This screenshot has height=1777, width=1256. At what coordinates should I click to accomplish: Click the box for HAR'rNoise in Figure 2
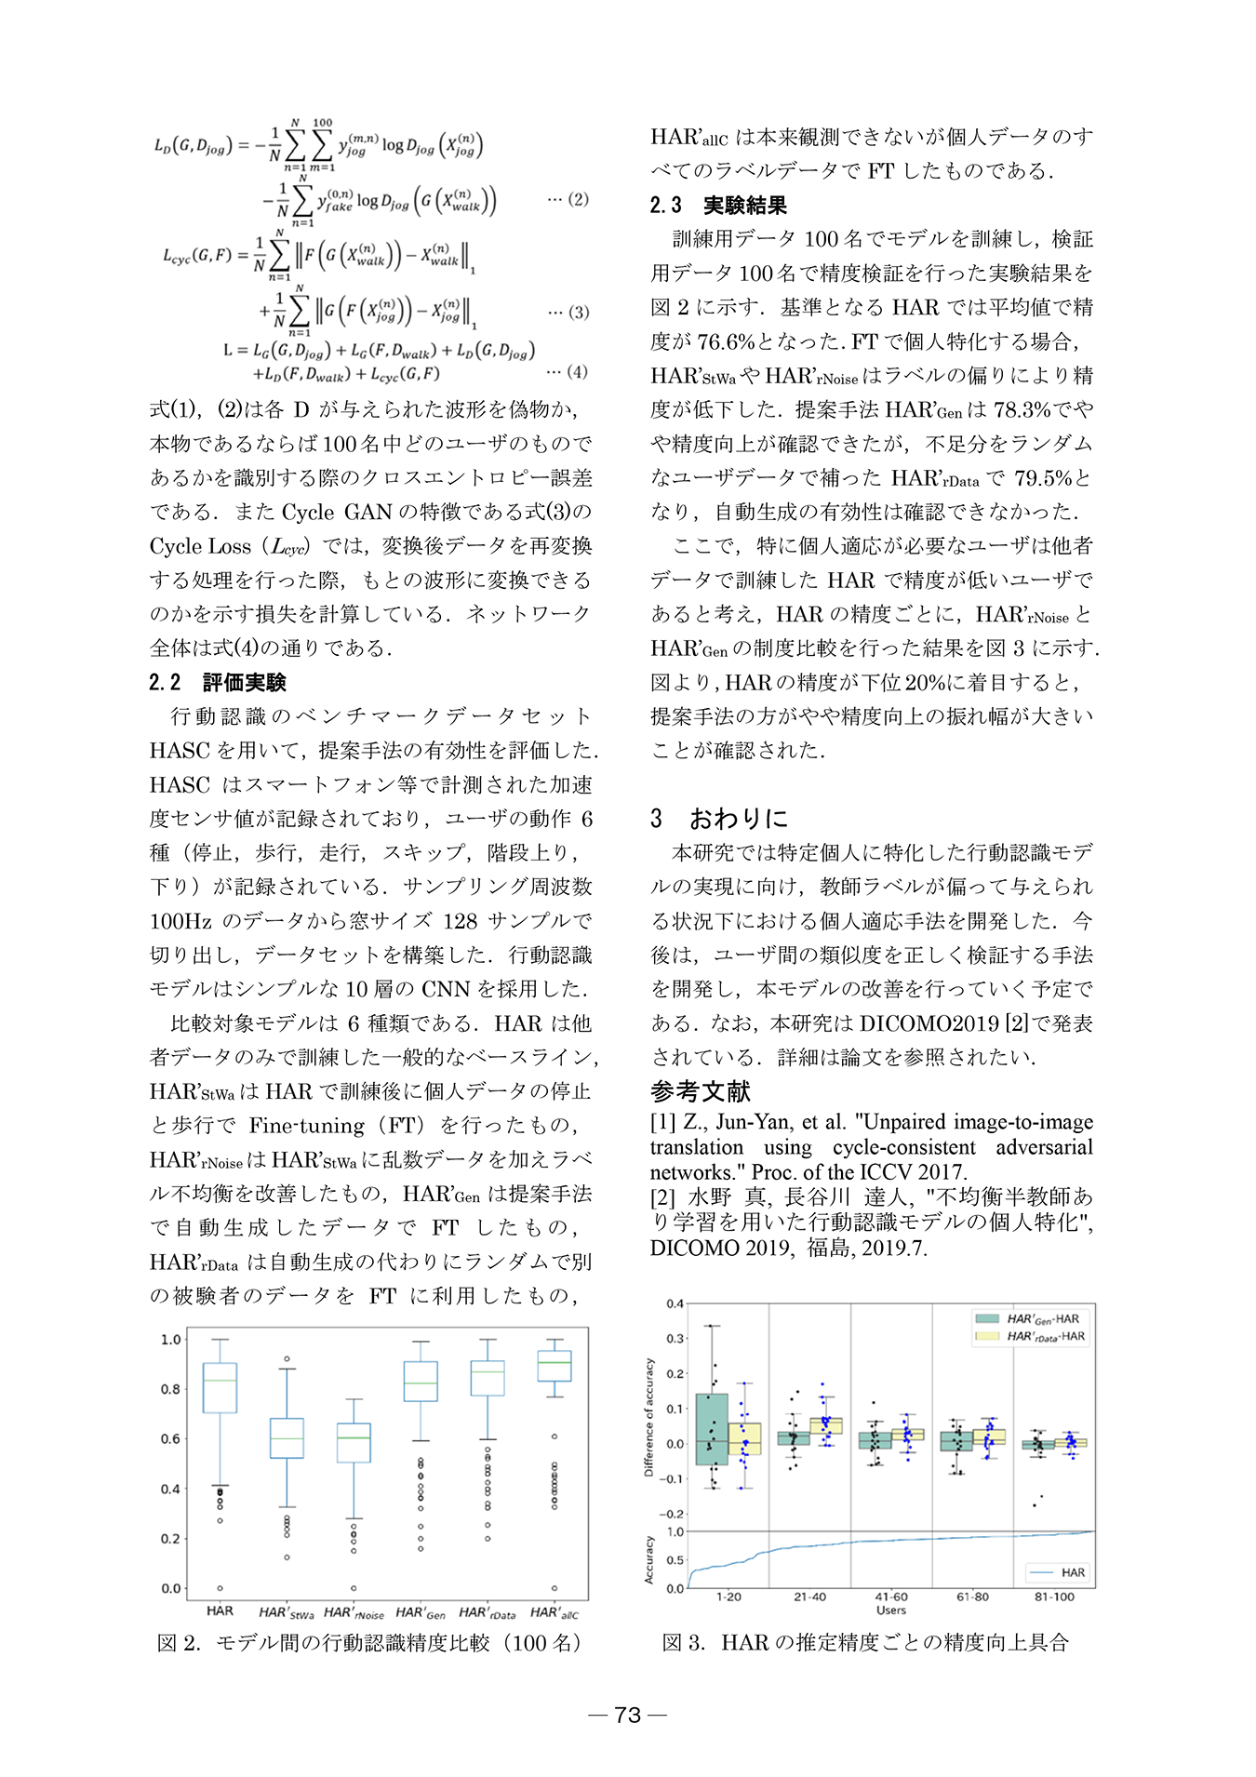tap(354, 1442)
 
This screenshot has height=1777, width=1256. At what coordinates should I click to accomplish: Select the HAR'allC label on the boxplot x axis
tap(555, 1612)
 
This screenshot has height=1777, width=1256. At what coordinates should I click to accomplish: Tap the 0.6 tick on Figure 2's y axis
tap(170, 1438)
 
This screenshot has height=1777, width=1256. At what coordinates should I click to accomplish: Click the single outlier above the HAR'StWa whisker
tap(287, 1359)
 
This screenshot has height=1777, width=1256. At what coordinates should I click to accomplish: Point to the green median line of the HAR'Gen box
tap(421, 1383)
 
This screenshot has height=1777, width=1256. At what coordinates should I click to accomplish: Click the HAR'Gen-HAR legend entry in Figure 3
tap(1028, 1318)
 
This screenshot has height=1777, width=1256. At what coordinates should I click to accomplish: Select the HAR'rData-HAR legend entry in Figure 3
tap(1030, 1336)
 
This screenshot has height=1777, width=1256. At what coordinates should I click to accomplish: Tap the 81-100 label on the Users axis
tap(1054, 1597)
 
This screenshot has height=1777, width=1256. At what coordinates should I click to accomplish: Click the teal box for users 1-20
tap(712, 1428)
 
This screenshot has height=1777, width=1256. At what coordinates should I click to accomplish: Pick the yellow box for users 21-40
tap(826, 1425)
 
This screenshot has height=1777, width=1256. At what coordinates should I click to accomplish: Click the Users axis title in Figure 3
tap(891, 1610)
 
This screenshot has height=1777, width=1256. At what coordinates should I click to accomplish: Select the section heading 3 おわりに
tap(719, 819)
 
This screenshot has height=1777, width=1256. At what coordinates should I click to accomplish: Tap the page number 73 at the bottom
tap(628, 1715)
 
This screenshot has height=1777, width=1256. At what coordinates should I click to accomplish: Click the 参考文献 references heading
tap(701, 1091)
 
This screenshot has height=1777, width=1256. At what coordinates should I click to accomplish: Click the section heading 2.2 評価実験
tap(218, 682)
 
